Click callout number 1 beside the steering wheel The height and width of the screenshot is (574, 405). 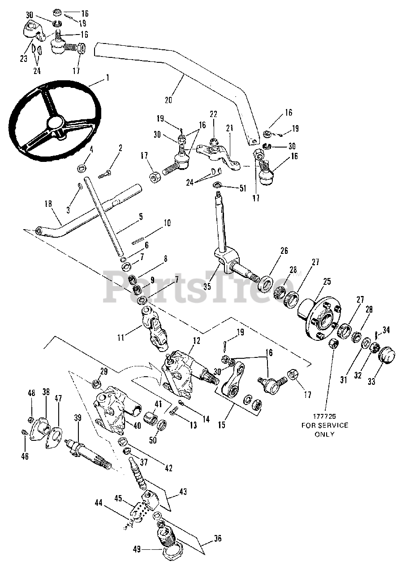(107, 77)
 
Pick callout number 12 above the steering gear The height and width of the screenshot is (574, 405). (196, 341)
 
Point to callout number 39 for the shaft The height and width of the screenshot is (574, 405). (78, 417)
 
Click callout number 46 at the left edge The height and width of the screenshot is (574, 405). (25, 457)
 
